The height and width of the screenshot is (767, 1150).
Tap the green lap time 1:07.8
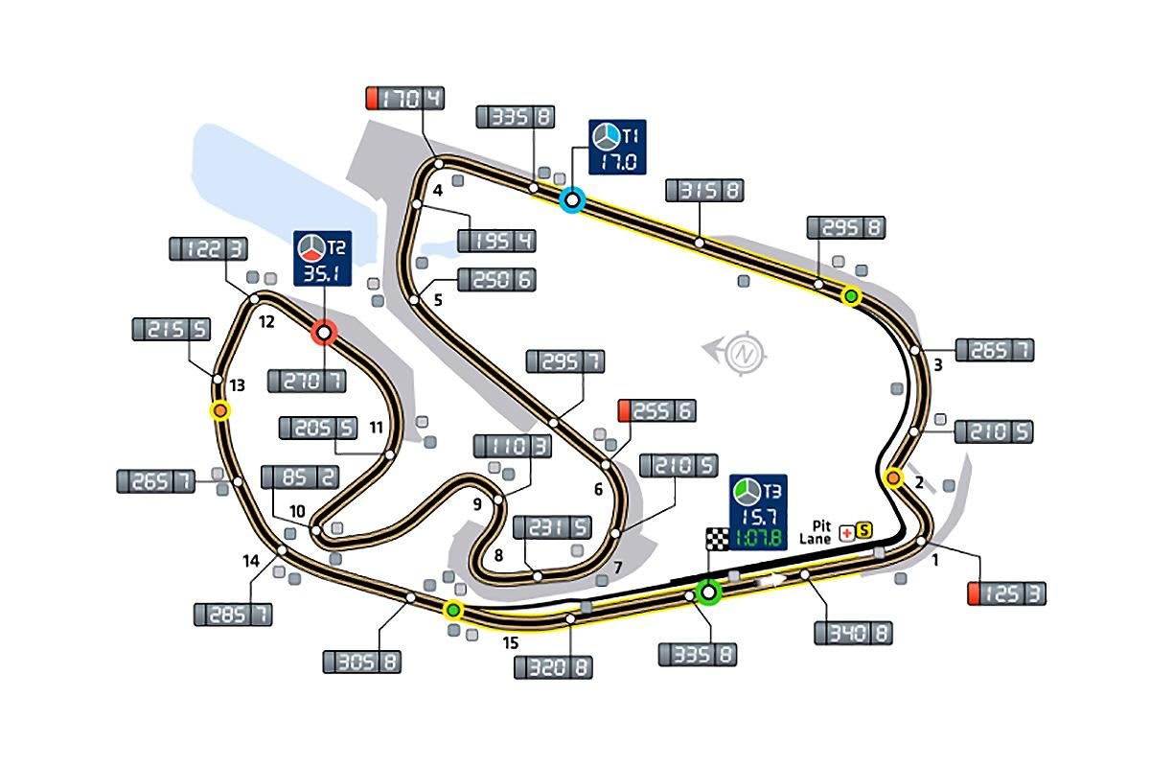[x=758, y=539]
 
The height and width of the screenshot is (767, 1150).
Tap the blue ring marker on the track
[x=572, y=199]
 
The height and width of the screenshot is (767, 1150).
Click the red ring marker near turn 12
[x=324, y=333]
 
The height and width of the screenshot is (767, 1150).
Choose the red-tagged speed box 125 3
[x=1006, y=593]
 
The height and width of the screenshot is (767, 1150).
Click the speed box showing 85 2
[x=299, y=477]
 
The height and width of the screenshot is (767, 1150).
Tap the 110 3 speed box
[x=513, y=446]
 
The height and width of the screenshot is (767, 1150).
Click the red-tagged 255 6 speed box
[x=657, y=410]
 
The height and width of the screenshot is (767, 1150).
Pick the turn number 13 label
[x=238, y=385]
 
